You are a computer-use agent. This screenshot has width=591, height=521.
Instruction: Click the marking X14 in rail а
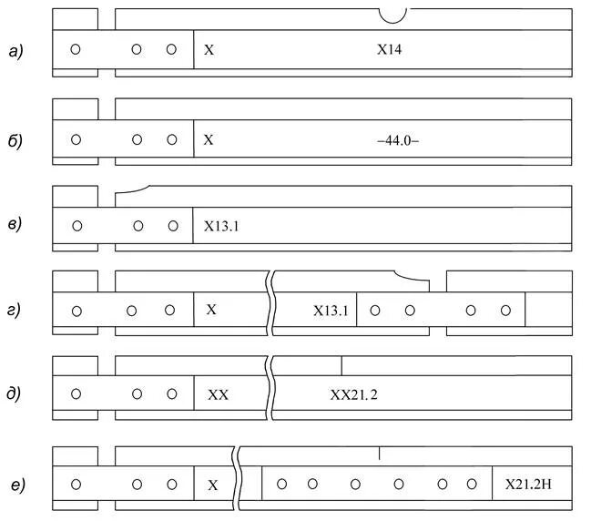point(390,51)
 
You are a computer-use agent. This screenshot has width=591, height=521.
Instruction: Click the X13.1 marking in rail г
point(331,311)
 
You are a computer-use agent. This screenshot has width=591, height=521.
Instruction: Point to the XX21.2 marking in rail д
point(360,395)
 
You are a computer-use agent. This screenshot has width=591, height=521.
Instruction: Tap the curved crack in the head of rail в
point(132,189)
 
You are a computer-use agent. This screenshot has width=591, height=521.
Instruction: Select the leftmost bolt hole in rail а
point(76,49)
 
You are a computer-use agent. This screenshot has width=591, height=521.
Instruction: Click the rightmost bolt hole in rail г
point(505,311)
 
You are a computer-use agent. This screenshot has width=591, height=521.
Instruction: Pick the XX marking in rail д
point(219,395)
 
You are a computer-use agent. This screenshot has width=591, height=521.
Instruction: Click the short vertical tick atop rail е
point(379,452)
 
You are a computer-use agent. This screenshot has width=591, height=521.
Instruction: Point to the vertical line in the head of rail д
point(341,365)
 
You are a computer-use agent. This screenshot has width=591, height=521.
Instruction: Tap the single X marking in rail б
point(209,141)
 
